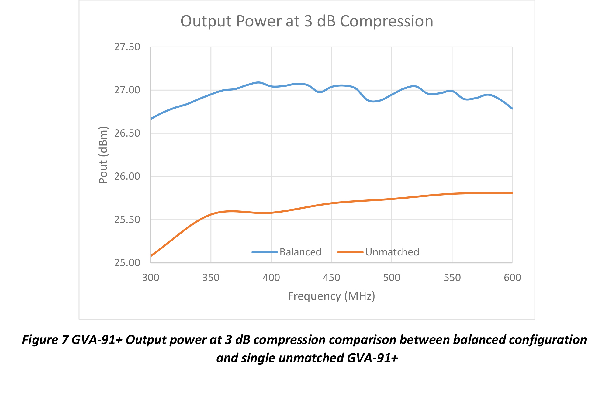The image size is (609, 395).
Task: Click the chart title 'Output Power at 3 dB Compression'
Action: (307, 21)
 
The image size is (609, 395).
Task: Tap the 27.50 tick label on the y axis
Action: (127, 47)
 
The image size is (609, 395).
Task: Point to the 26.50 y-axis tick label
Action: (127, 133)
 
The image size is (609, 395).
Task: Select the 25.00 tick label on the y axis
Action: (127, 263)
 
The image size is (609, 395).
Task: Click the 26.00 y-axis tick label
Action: (127, 176)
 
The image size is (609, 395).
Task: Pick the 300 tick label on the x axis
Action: (151, 278)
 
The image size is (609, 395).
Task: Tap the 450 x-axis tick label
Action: (331, 278)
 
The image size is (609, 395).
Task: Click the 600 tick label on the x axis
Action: (512, 278)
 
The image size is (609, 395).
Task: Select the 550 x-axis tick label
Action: (452, 278)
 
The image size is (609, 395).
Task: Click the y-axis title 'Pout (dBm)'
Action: (103, 155)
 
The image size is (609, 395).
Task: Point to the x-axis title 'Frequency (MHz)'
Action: (331, 296)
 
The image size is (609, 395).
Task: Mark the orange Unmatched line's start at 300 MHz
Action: (151, 256)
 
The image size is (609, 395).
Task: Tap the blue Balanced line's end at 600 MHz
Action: (512, 108)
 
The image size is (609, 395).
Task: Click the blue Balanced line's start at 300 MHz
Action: (151, 119)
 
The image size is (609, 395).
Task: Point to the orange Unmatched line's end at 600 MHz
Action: (512, 193)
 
